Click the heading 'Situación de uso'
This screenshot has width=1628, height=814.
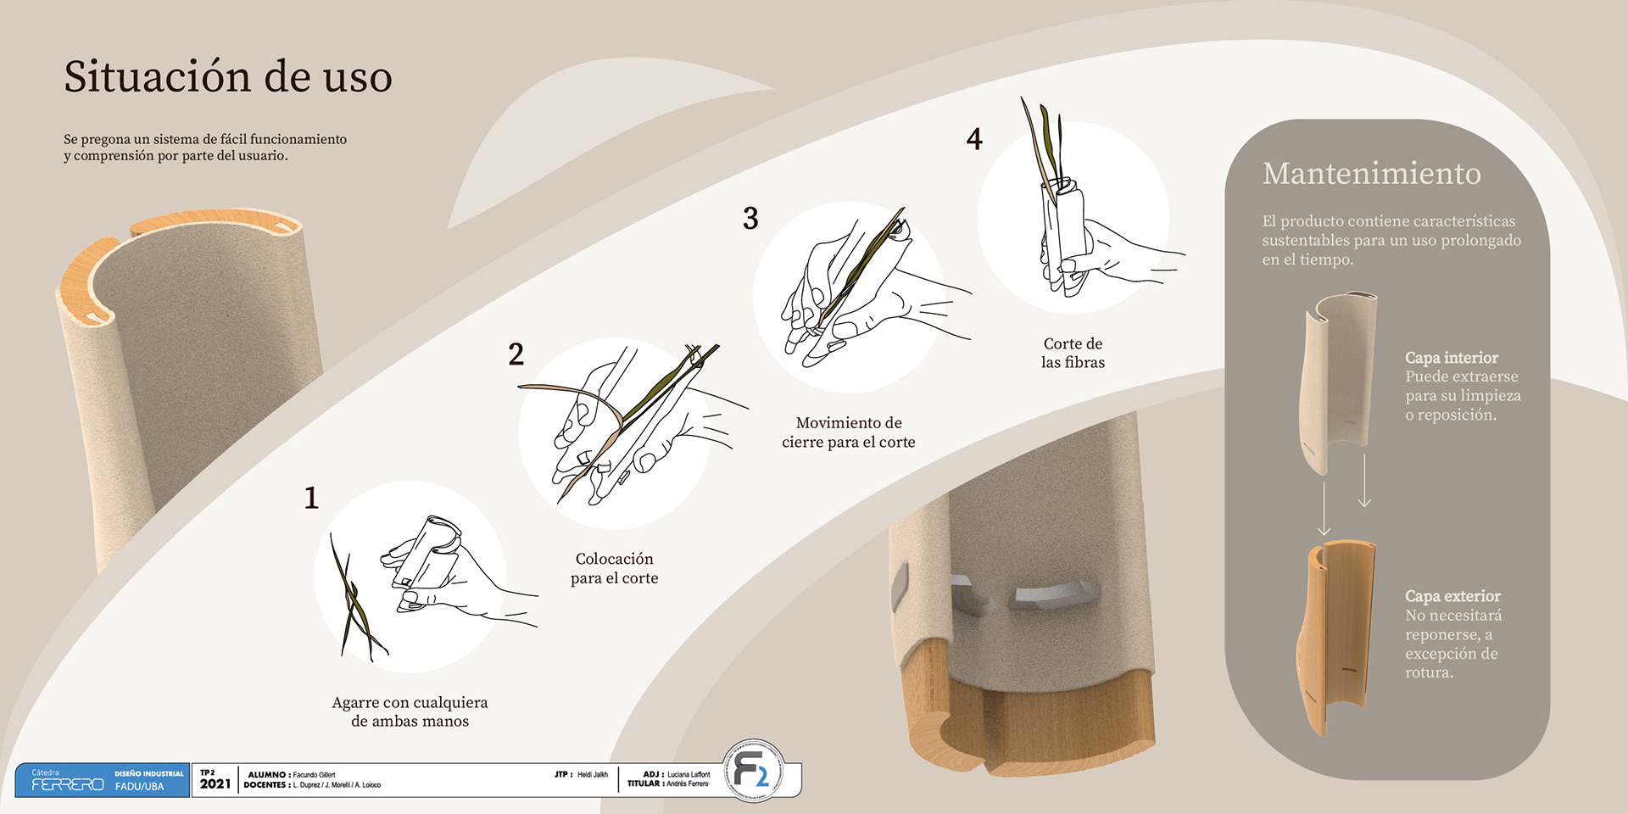(228, 76)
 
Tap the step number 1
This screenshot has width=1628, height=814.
(311, 497)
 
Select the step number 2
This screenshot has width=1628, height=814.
(516, 354)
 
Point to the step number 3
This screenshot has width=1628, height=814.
(750, 218)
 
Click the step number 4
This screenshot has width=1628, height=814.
(974, 138)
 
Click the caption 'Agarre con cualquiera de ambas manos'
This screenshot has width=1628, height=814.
(410, 711)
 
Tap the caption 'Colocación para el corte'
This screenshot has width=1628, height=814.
(614, 568)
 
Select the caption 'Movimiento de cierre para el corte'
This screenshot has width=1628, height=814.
(849, 432)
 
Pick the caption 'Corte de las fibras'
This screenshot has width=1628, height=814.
(1073, 353)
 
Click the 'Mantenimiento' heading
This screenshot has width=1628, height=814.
(1371, 173)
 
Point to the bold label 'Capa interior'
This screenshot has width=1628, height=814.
(1451, 358)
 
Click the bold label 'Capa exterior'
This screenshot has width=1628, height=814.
(1452, 596)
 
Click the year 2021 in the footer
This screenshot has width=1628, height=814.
(215, 784)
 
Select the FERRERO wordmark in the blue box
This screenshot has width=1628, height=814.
(68, 785)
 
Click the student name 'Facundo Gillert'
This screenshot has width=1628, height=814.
(314, 774)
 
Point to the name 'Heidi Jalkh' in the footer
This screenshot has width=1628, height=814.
(593, 774)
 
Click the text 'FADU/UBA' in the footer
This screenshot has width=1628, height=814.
(139, 787)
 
